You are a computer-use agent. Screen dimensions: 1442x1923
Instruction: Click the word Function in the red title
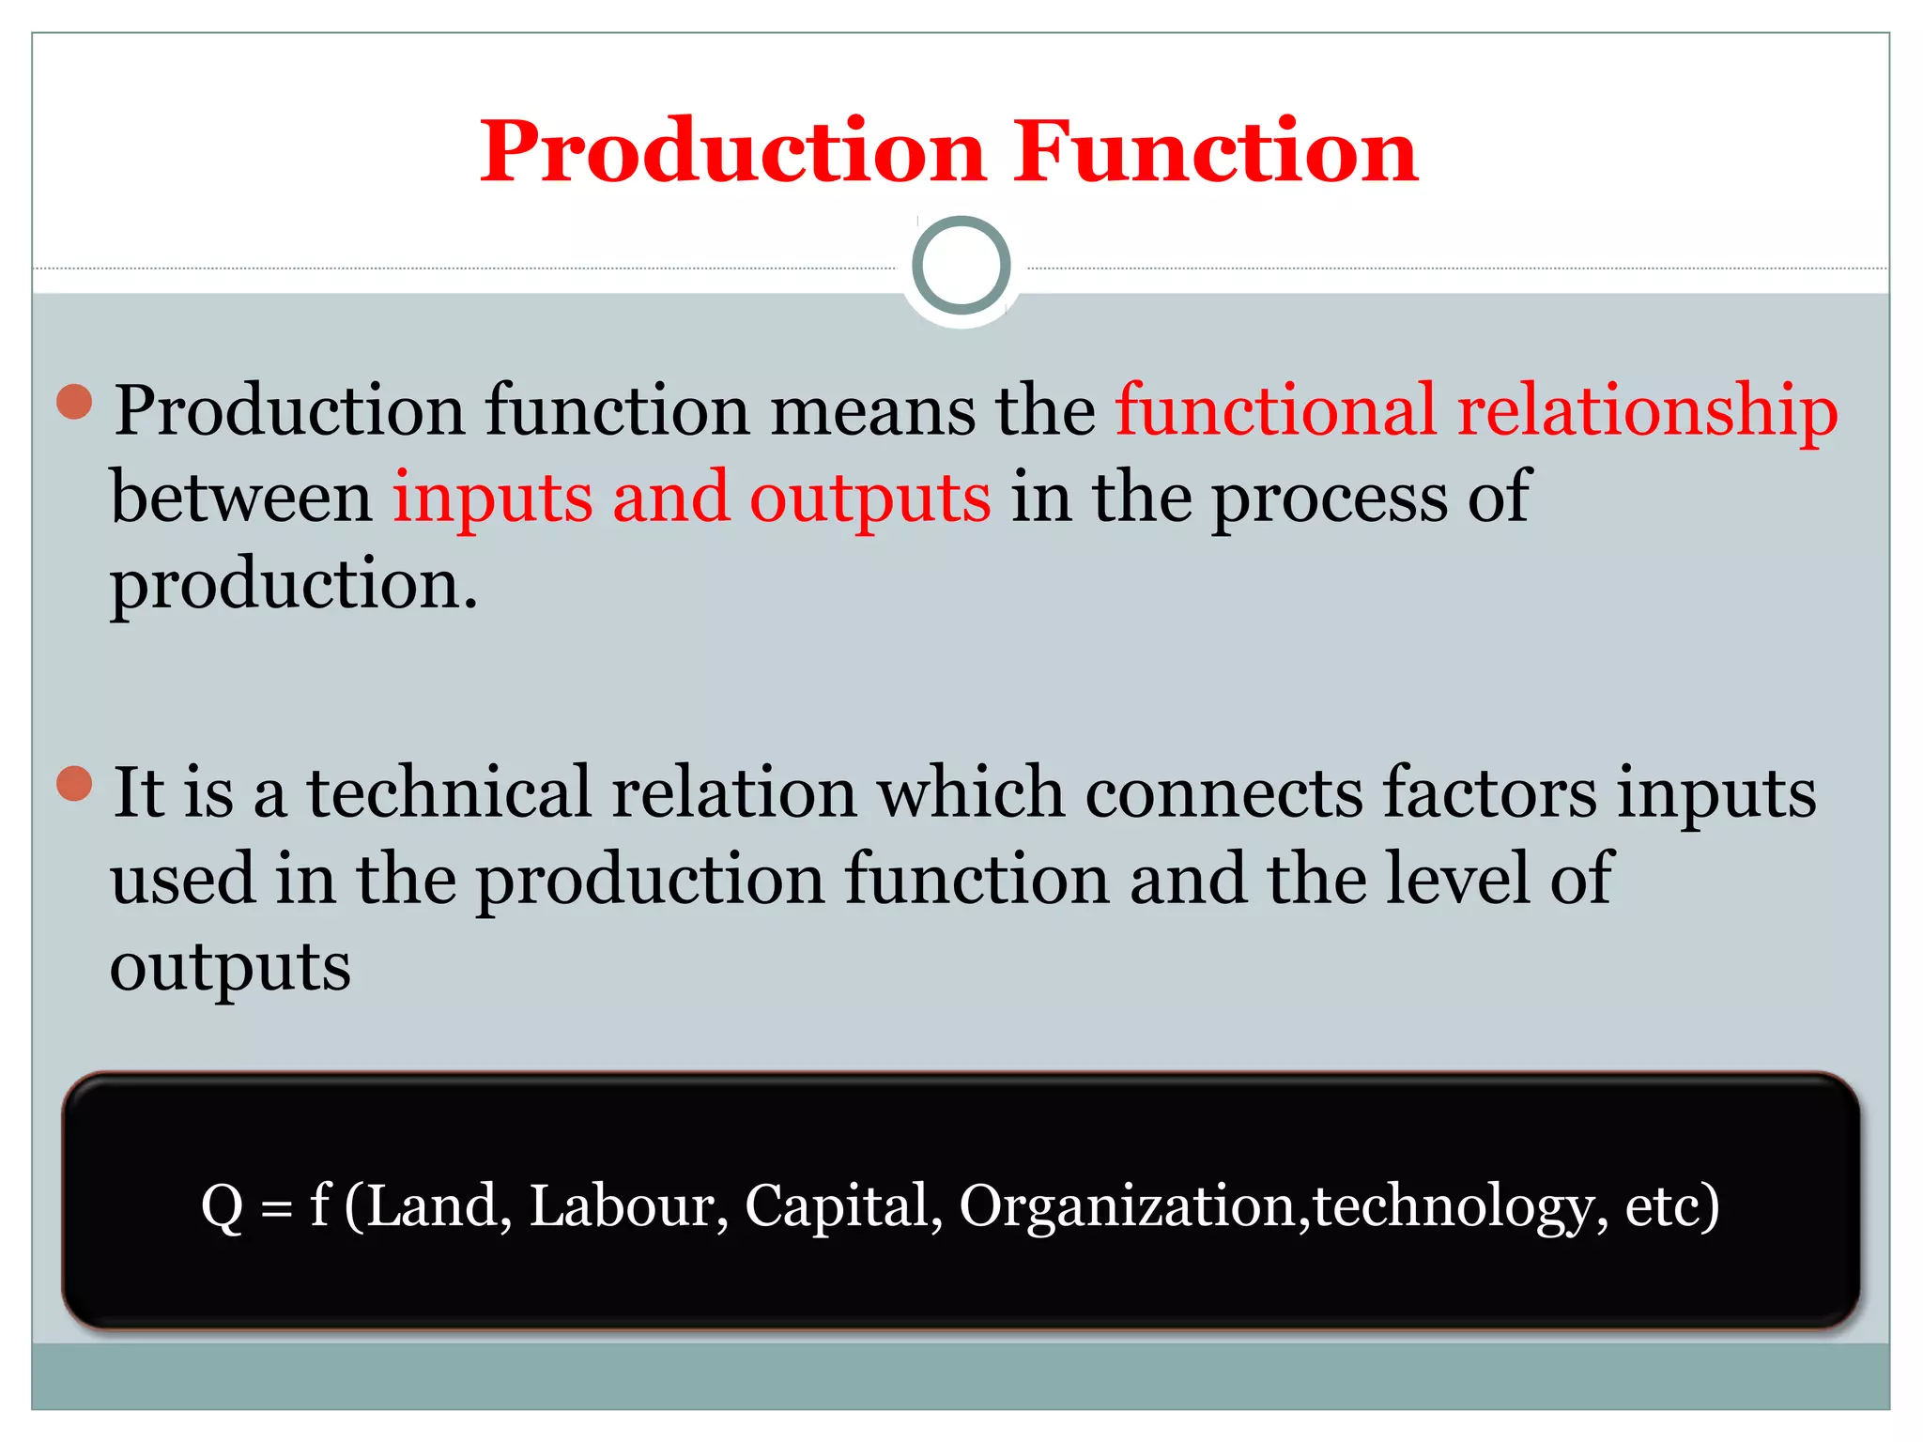tap(1215, 152)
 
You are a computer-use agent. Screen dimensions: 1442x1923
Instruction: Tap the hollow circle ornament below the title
tap(961, 266)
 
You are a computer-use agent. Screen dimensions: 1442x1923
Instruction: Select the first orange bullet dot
tap(74, 402)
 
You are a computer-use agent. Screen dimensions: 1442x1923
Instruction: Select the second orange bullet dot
tap(74, 783)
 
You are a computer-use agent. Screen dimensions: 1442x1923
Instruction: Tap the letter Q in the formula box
tap(223, 1207)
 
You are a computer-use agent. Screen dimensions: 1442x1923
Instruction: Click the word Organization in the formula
tap(1131, 1207)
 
